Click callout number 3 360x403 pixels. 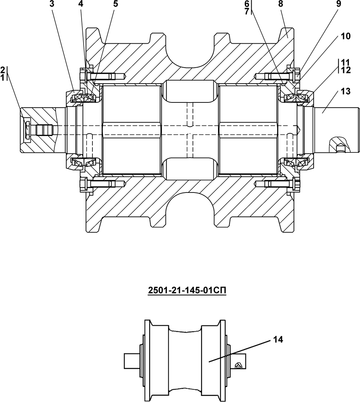coord(52,4)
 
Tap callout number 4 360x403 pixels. coord(81,4)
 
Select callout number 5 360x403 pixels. coord(115,4)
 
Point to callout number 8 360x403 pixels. coord(280,4)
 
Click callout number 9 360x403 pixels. coord(338,4)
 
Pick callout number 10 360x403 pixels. coord(346,36)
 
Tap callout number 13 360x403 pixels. coord(346,91)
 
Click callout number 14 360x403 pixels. coord(278,339)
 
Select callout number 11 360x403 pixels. coord(346,62)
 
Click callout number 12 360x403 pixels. coord(346,70)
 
